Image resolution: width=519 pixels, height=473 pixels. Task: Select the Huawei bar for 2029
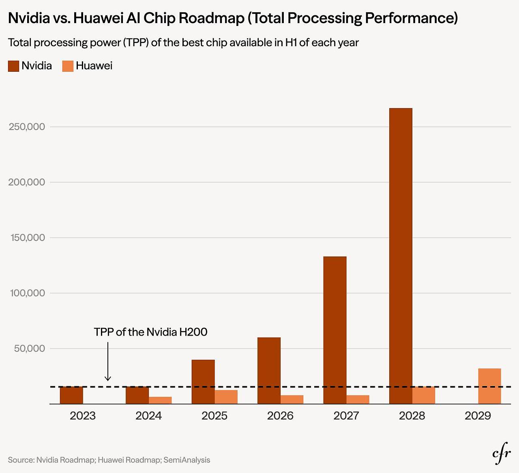489,386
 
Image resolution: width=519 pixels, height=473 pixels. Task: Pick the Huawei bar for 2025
226,397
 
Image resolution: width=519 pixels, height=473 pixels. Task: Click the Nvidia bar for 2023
71,395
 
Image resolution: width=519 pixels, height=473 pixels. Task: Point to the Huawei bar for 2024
160,400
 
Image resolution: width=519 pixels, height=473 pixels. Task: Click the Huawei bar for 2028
423,395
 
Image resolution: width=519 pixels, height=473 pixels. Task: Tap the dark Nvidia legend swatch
13,66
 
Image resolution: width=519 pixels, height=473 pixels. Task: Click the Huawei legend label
94,66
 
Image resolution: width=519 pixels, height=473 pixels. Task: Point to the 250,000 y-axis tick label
27,127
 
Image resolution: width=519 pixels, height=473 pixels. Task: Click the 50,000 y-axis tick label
29,349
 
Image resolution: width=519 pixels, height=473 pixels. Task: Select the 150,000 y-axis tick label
27,238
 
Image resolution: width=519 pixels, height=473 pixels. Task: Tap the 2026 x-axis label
280,416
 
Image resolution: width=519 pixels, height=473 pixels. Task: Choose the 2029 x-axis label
478,416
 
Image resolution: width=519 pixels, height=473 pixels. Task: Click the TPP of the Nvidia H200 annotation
150,332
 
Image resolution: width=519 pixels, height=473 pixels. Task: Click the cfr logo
502,456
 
